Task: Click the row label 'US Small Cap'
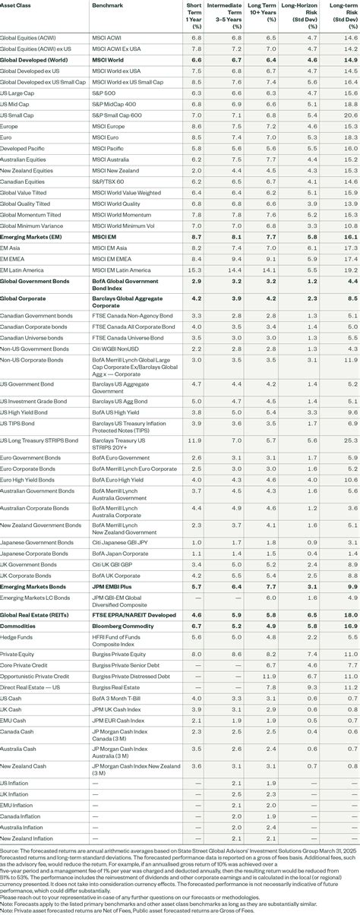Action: coord(17,115)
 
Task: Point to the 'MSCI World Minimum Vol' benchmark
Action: coord(121,226)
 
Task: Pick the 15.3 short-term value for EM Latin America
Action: coord(195,270)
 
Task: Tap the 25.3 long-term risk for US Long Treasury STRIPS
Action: coord(349,440)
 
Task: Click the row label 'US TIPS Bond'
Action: coord(17,422)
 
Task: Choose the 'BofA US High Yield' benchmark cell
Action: coord(113,411)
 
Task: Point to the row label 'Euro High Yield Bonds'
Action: coord(28,480)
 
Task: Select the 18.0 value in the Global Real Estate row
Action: coord(349,614)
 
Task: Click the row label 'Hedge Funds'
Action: coord(16,636)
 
